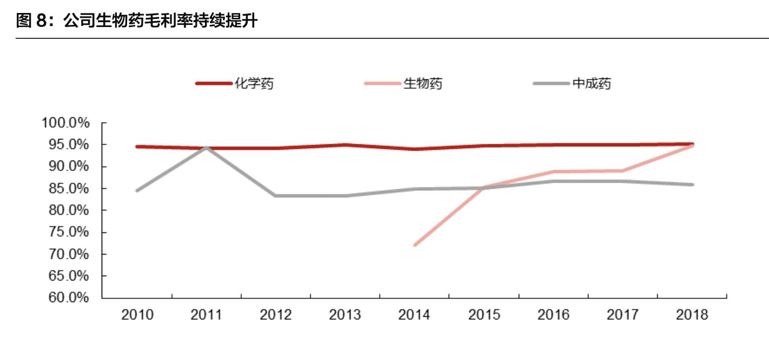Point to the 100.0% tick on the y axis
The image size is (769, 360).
pyautogui.click(x=65, y=123)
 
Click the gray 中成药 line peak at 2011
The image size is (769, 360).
pyautogui.click(x=207, y=147)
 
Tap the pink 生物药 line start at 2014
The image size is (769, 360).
pyautogui.click(x=415, y=245)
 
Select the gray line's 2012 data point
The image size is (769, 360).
pyautogui.click(x=276, y=196)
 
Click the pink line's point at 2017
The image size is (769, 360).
pyautogui.click(x=622, y=171)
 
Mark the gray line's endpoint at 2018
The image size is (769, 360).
pyautogui.click(x=692, y=185)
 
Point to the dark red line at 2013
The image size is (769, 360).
pyautogui.click(x=345, y=145)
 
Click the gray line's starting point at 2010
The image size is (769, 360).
pyautogui.click(x=137, y=190)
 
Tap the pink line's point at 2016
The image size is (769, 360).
pyautogui.click(x=553, y=172)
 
